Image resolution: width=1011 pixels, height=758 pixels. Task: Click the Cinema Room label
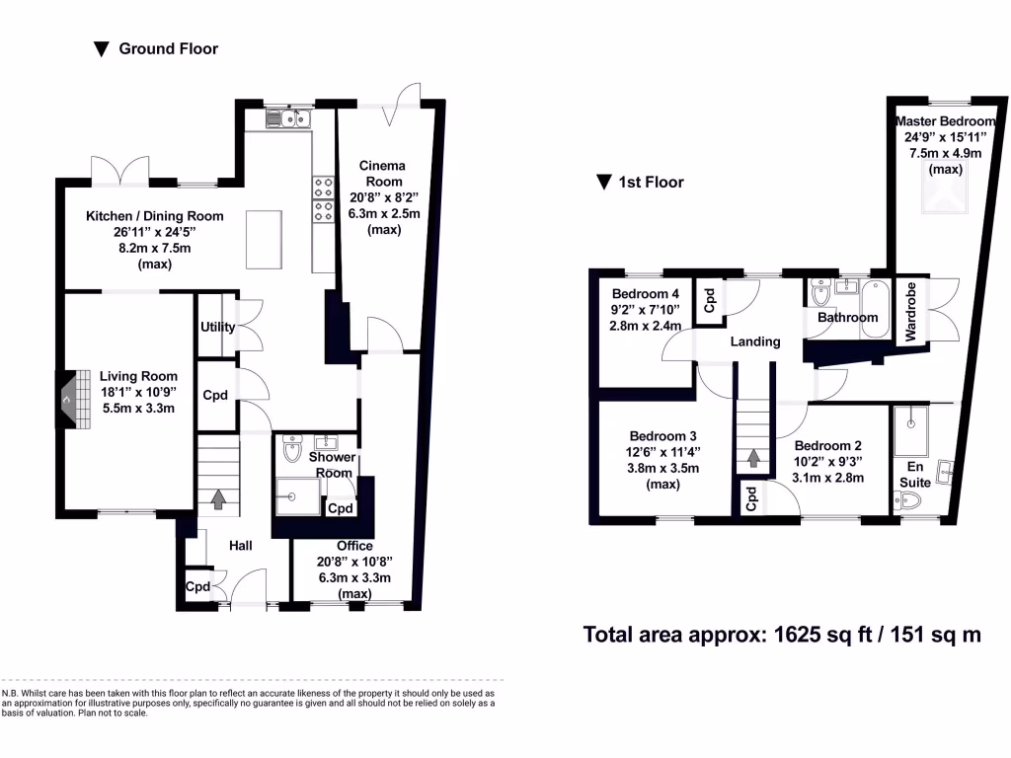(381, 174)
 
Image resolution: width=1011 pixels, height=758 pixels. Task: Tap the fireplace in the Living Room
(65, 400)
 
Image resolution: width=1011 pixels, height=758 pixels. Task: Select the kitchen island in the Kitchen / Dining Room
(262, 238)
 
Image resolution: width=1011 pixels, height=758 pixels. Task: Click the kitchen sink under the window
(289, 119)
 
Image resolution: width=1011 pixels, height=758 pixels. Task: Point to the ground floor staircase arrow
(217, 499)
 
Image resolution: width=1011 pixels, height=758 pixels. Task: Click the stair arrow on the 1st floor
(754, 457)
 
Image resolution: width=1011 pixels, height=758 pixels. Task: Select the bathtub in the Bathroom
(875, 310)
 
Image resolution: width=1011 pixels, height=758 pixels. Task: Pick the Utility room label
(216, 327)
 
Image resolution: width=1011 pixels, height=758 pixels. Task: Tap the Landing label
(755, 341)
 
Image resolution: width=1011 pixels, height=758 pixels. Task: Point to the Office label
(354, 546)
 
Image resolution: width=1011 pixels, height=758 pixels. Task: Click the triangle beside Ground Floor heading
(101, 49)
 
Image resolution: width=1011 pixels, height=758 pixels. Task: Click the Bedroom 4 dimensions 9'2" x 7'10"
(646, 310)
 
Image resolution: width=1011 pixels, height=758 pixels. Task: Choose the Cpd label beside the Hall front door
(198, 587)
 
